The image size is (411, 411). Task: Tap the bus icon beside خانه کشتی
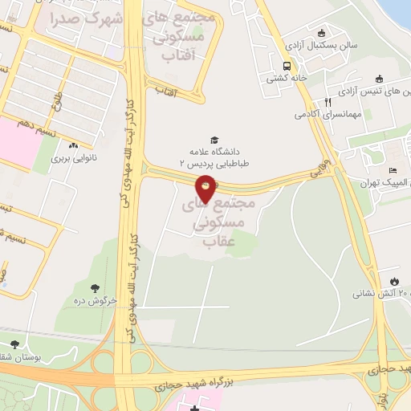[287, 65]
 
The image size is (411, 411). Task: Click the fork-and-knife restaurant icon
[328, 102]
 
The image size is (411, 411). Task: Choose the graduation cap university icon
[214, 140]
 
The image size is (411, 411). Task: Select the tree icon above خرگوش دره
[96, 288]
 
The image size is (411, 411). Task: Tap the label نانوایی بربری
[74, 159]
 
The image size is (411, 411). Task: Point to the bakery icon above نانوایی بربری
[74, 145]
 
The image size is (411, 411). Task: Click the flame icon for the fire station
[394, 281]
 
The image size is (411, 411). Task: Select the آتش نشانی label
[381, 295]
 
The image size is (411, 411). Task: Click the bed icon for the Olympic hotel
[393, 170]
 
